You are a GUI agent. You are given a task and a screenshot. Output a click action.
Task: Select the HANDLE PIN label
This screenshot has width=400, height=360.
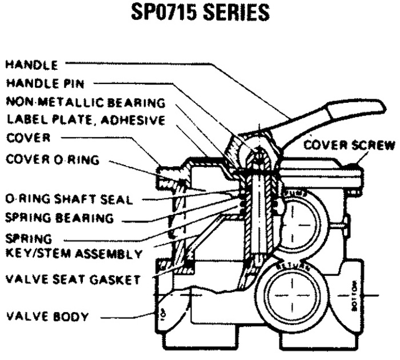[x=45, y=83]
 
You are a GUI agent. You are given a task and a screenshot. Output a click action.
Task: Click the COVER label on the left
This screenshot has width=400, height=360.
[x=29, y=138]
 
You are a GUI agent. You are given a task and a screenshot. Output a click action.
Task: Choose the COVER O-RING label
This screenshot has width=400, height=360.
[x=52, y=159]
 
